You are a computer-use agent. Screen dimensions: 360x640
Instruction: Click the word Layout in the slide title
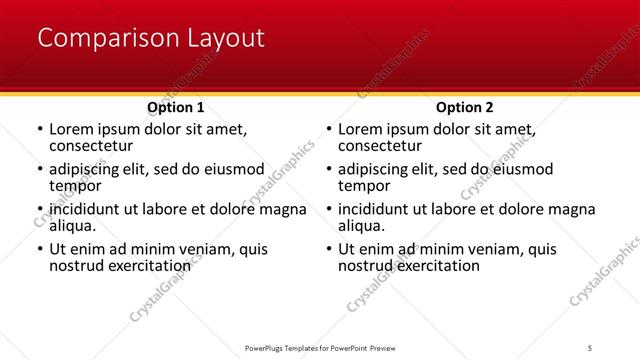[x=225, y=39]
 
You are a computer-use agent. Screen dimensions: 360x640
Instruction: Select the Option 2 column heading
[x=465, y=107]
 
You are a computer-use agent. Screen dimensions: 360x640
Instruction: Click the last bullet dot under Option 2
[x=328, y=250]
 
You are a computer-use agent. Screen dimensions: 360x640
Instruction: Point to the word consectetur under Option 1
[x=92, y=146]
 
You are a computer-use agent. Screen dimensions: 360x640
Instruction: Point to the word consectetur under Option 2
[x=381, y=146]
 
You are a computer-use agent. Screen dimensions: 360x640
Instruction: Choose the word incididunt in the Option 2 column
[x=377, y=210]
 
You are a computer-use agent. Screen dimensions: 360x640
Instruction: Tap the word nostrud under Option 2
[x=367, y=266]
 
